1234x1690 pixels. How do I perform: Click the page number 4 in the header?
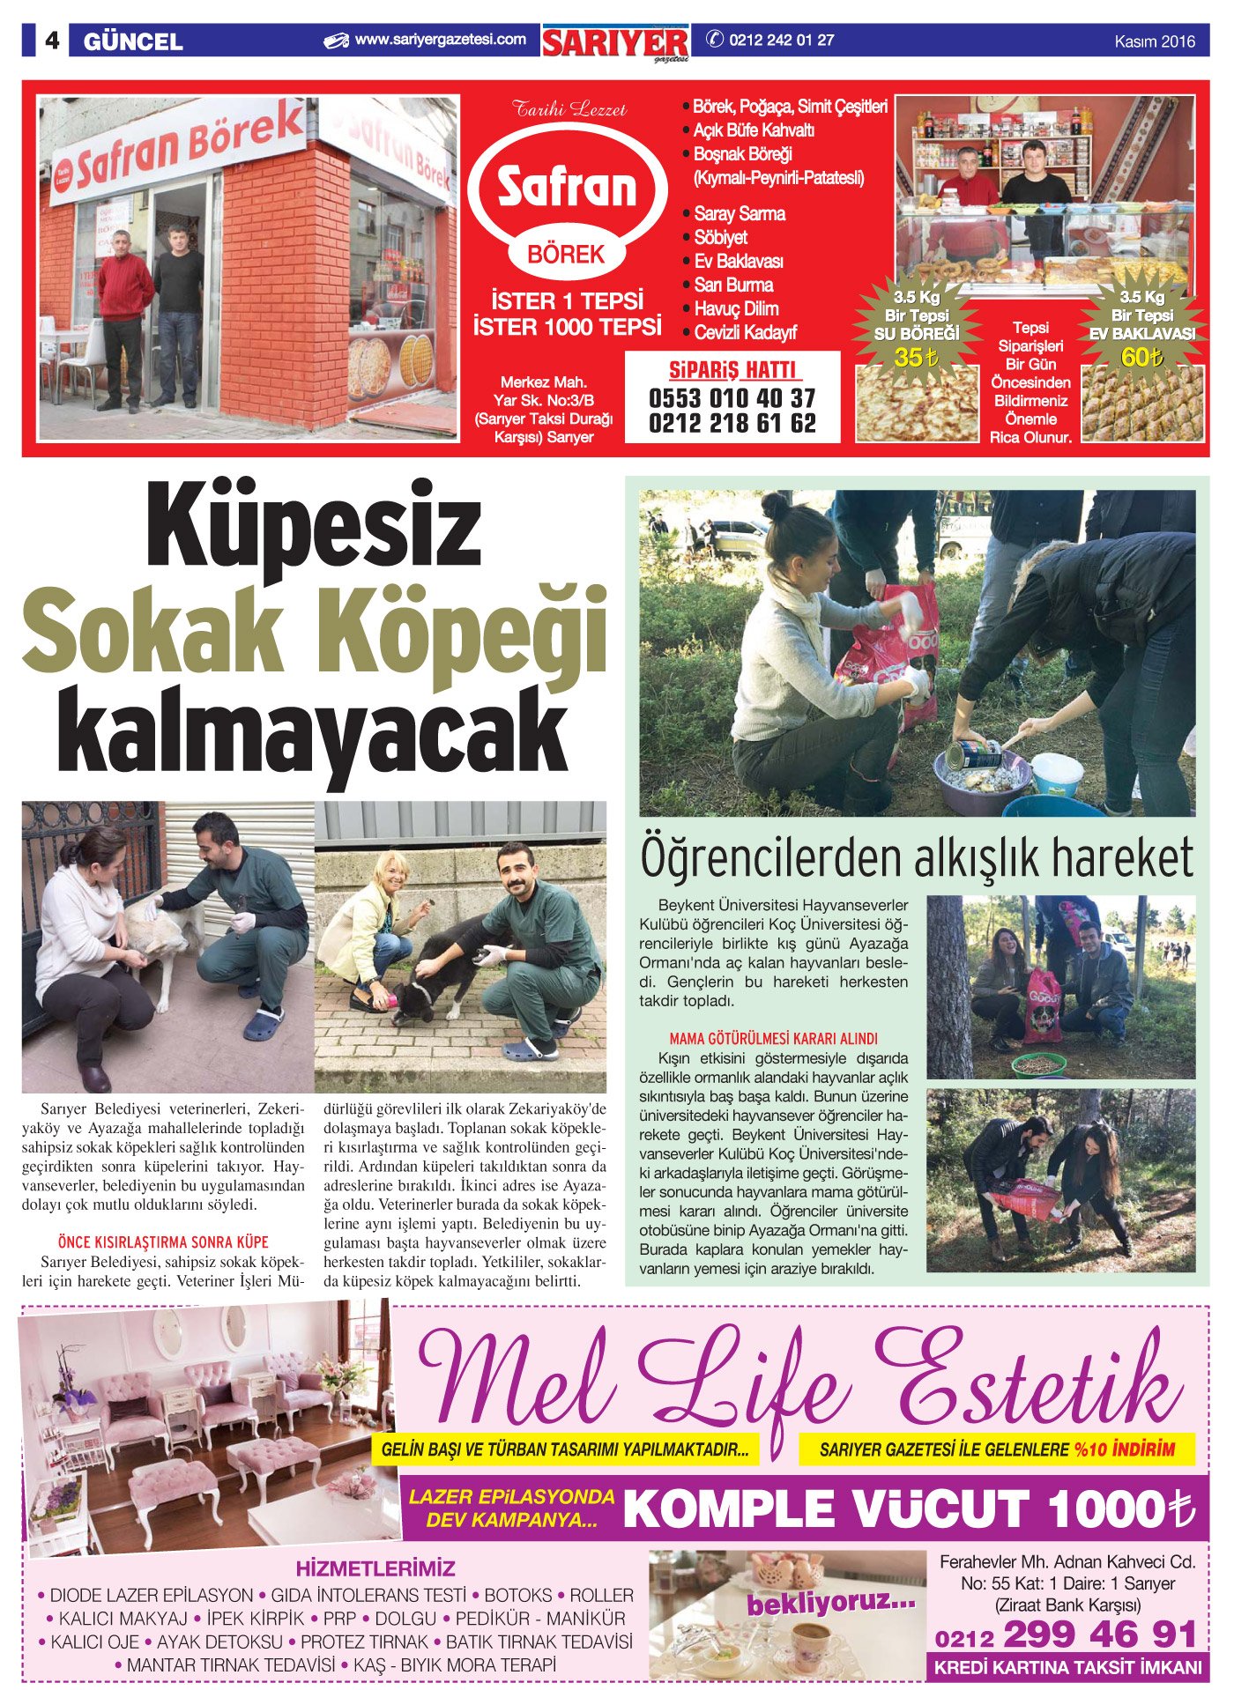[52, 41]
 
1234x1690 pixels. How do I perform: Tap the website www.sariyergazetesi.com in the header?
[440, 40]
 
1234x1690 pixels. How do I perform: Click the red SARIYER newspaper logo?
[615, 42]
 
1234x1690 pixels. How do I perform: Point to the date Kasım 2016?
[1155, 41]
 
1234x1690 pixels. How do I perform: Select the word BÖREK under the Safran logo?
[566, 256]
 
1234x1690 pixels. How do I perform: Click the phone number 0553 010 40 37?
[732, 398]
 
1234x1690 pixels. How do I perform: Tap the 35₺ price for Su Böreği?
[916, 358]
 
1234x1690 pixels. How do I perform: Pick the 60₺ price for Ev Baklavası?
[1142, 358]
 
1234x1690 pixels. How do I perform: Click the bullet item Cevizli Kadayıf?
[745, 333]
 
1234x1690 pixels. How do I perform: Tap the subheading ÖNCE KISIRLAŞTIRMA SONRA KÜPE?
[163, 1242]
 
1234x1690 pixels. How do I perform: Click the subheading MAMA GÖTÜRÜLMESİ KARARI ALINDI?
[773, 1039]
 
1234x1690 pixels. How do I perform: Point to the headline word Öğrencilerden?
[762, 859]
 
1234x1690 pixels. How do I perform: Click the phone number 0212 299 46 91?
[1066, 1635]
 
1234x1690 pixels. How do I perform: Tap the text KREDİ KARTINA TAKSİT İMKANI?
[1067, 1667]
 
